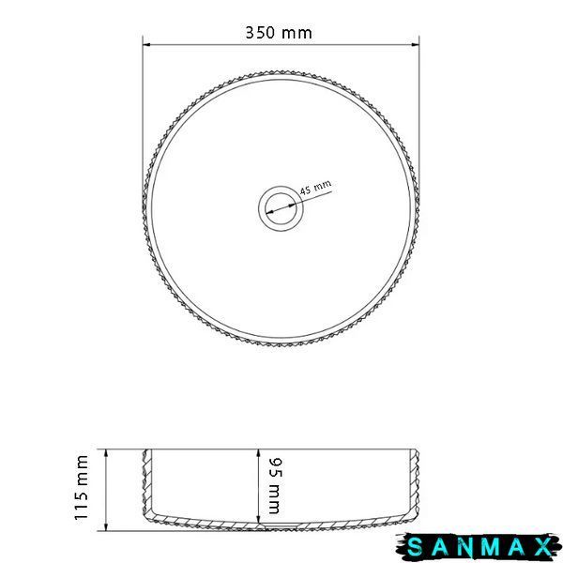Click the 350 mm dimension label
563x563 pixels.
279,33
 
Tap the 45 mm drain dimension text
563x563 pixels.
315,188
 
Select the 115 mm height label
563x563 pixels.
82,487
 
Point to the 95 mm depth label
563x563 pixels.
276,485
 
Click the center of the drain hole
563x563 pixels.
281,208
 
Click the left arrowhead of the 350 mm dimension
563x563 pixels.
146,45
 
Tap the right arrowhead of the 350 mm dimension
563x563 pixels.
416,45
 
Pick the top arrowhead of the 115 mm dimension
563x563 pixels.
106,453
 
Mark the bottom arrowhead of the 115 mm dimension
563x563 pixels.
106,526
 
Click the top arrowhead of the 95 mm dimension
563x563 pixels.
258,453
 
